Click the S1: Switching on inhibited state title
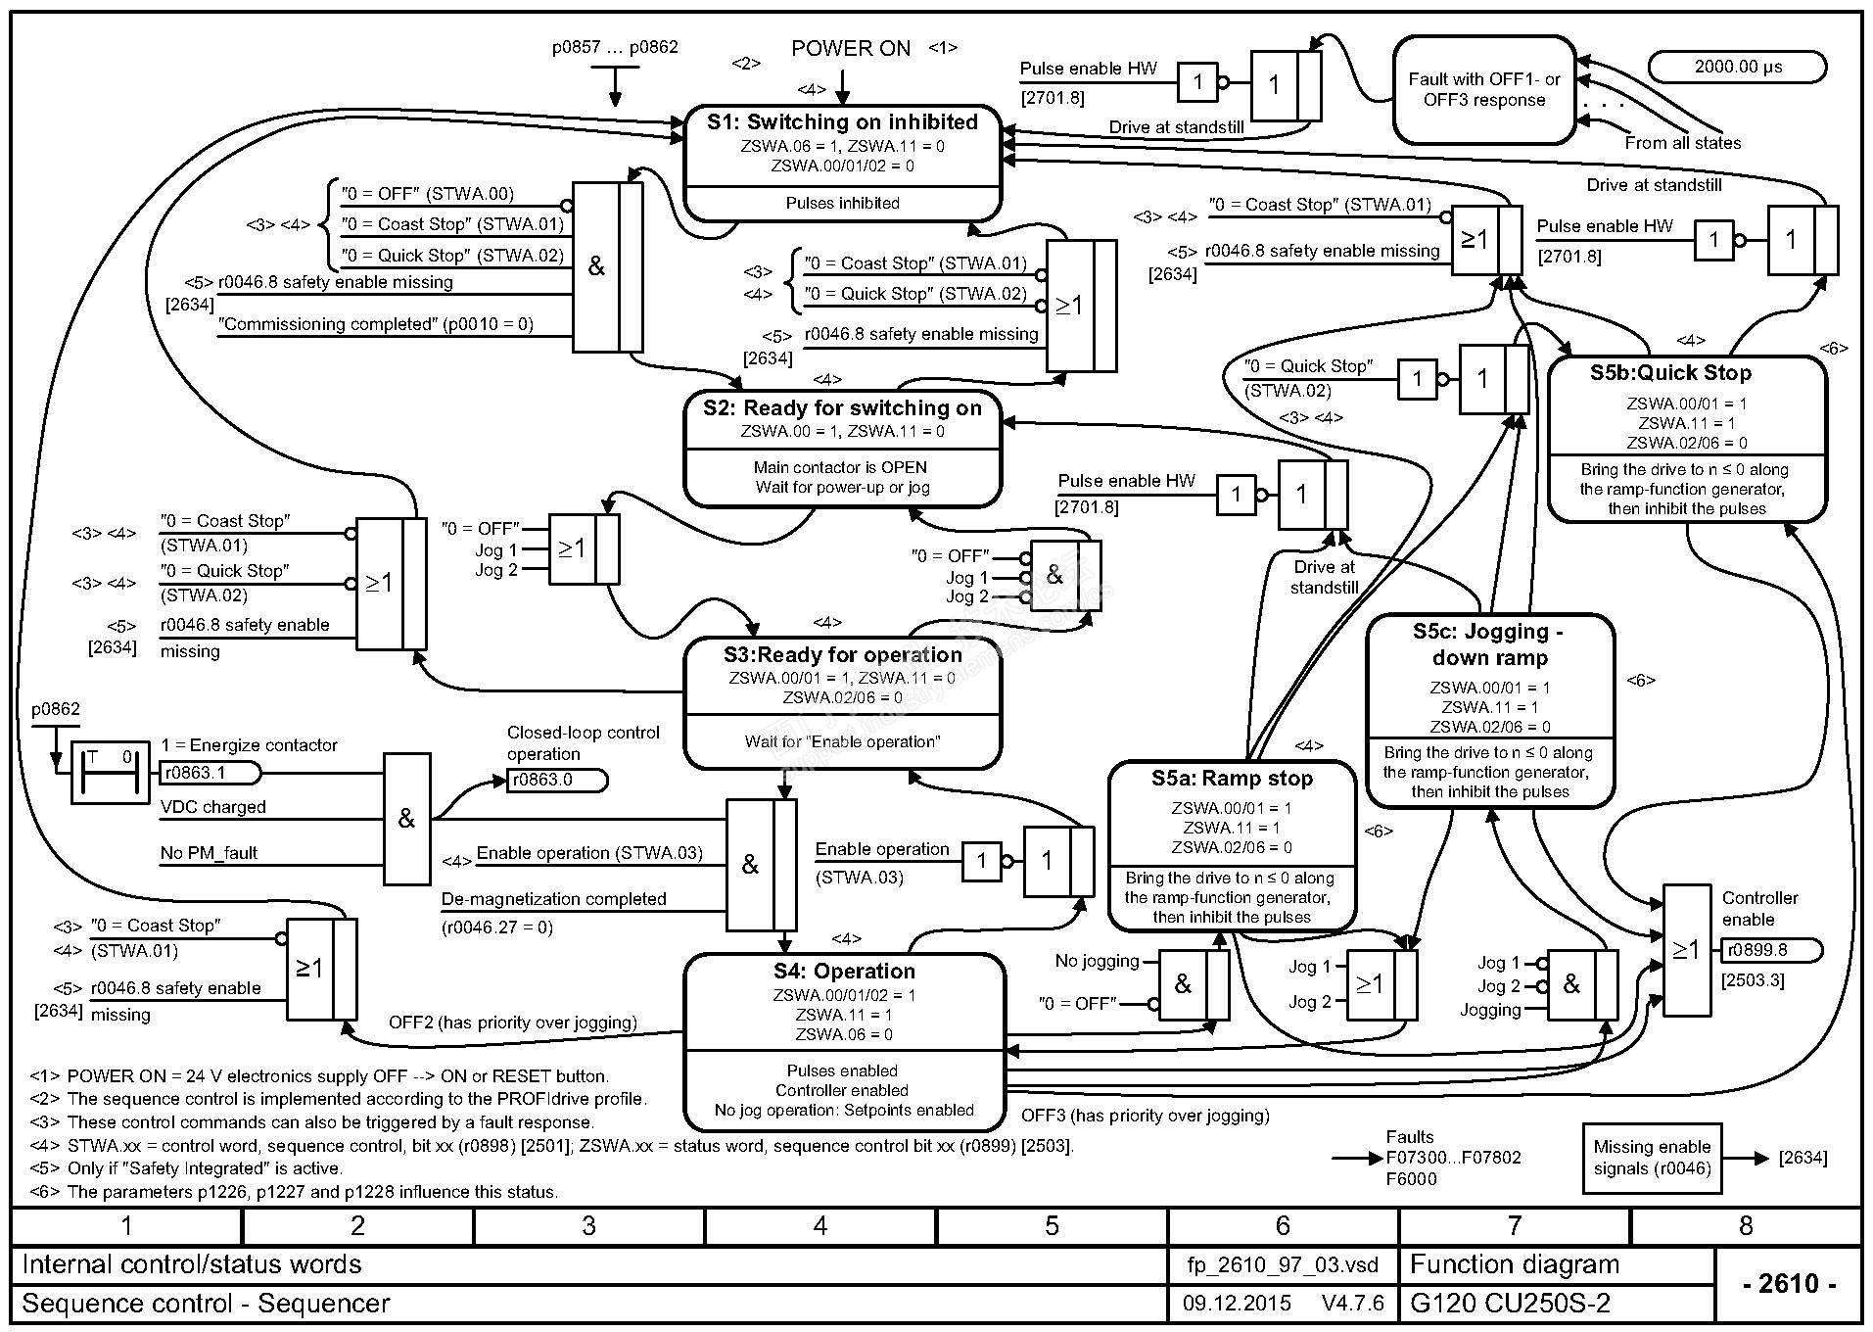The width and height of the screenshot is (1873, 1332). tap(842, 122)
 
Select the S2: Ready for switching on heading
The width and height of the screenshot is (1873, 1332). tap(842, 408)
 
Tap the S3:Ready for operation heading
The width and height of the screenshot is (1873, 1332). tap(842, 655)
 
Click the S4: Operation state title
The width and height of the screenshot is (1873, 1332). tap(844, 972)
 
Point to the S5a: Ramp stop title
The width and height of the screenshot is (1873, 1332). tap(1232, 779)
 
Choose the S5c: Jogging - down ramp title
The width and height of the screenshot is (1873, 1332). tap(1489, 644)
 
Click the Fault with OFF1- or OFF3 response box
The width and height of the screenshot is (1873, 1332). tap(1484, 90)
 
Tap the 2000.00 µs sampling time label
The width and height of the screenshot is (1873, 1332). tap(1738, 68)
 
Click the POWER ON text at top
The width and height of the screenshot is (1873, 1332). tap(851, 49)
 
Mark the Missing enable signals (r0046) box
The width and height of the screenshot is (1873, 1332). tap(1652, 1158)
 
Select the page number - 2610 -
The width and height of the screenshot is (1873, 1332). tap(1788, 1284)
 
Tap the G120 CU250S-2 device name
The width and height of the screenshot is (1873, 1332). tap(1510, 1305)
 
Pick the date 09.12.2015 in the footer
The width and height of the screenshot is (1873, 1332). tap(1237, 1305)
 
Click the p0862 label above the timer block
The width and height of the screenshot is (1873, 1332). tap(56, 709)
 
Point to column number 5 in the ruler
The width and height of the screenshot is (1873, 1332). tap(1052, 1226)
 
